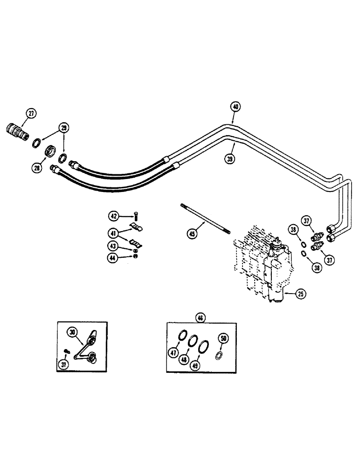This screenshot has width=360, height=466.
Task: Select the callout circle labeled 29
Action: [x=63, y=128]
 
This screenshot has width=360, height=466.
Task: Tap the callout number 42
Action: [x=113, y=215]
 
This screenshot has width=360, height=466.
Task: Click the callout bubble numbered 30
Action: [x=72, y=332]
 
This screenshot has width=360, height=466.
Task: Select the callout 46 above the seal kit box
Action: [x=201, y=318]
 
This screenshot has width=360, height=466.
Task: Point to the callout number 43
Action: [x=113, y=246]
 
